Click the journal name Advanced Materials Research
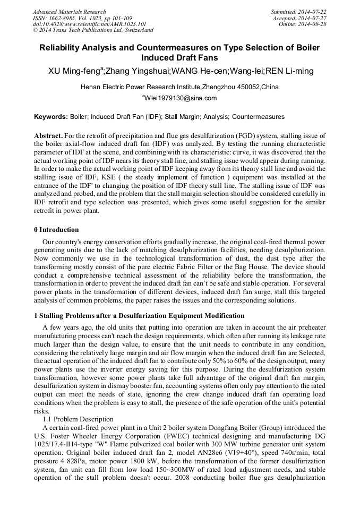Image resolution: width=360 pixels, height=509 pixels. point(69,12)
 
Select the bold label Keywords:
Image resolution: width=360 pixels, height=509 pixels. point(51,116)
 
